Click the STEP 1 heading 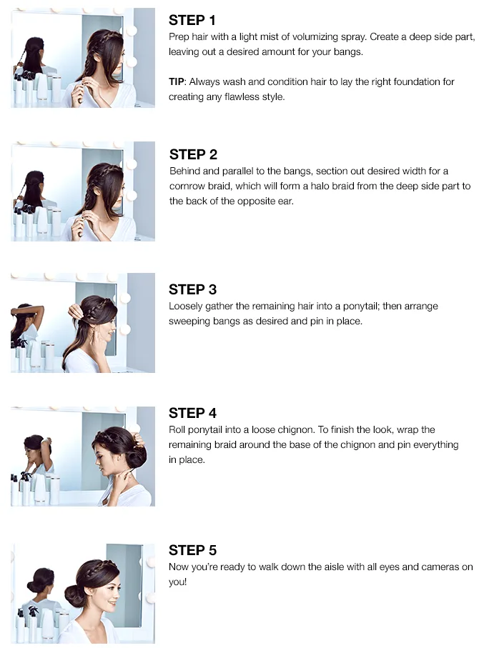(x=192, y=20)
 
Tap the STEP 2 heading (x=193, y=154)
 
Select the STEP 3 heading (x=192, y=289)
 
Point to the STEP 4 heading (x=192, y=413)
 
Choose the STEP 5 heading (x=192, y=550)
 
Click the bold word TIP (x=176, y=81)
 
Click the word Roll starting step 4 (x=177, y=430)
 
